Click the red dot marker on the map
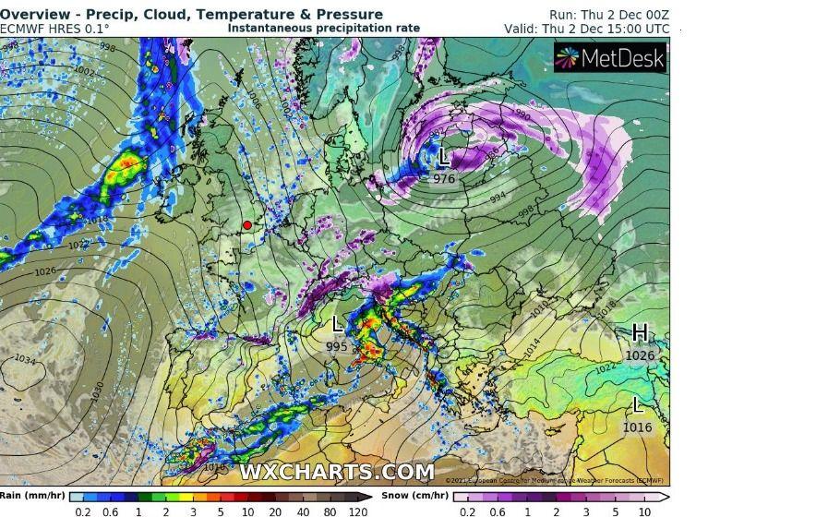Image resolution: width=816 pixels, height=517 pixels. click(247, 225)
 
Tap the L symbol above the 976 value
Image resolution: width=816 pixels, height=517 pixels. click(443, 158)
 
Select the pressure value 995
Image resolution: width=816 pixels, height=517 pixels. click(337, 346)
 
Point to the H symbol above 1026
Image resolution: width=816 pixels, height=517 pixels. click(639, 333)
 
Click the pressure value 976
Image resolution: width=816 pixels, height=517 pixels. click(444, 178)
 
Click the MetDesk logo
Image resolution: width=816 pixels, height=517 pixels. click(610, 59)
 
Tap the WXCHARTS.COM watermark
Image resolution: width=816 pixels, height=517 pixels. click(337, 472)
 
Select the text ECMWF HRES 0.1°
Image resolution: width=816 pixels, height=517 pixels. click(54, 29)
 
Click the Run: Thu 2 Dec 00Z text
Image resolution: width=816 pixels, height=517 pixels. click(609, 15)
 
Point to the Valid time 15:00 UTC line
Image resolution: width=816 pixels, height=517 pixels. click(587, 29)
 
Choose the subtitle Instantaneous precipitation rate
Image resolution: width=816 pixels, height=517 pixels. click(323, 29)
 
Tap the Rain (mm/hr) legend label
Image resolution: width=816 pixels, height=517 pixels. click(32, 496)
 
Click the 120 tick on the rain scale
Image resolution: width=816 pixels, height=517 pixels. click(358, 511)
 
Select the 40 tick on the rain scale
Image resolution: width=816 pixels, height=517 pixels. click(303, 511)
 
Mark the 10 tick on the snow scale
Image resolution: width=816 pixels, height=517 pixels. click(645, 511)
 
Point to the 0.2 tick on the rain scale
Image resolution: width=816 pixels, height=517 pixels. click(83, 511)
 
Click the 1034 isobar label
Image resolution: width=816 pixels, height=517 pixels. click(25, 359)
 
